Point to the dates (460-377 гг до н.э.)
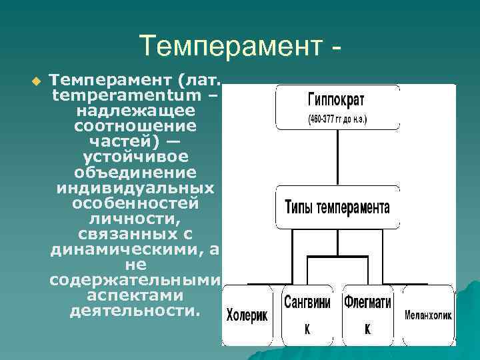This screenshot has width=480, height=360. pos(337,121)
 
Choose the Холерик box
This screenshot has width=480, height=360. pos(247,315)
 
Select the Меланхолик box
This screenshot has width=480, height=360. pos(429,315)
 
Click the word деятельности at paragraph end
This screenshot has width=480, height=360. pos(135,310)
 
